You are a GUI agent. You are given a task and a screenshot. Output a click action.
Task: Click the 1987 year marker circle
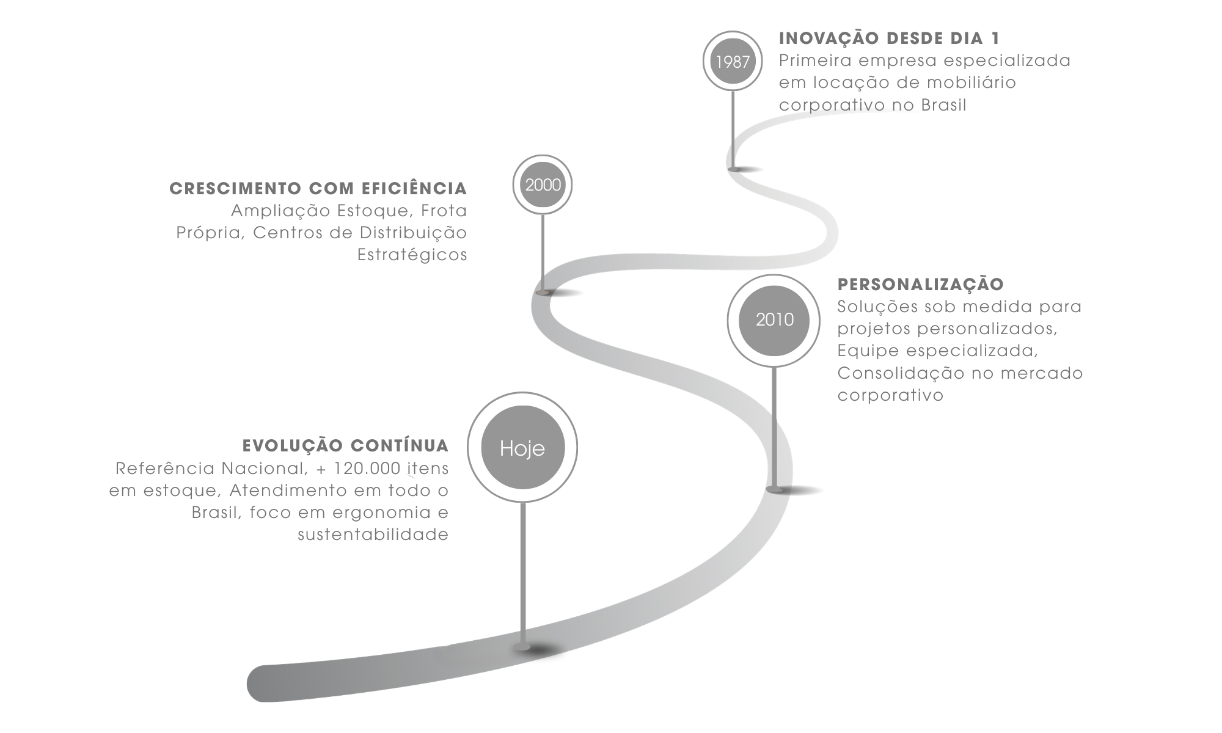pyautogui.click(x=733, y=61)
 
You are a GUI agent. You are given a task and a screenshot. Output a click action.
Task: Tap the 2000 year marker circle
pyautogui.click(x=543, y=185)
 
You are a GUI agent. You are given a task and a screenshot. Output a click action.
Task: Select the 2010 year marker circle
pyautogui.click(x=774, y=320)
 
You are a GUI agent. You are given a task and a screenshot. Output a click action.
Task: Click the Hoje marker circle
pyautogui.click(x=522, y=448)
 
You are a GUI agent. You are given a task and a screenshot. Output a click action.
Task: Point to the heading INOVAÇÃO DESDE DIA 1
pyautogui.click(x=890, y=38)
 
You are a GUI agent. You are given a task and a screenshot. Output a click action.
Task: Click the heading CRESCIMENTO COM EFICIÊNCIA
pyautogui.click(x=318, y=188)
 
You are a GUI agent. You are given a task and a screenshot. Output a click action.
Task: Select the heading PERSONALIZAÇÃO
pyautogui.click(x=921, y=285)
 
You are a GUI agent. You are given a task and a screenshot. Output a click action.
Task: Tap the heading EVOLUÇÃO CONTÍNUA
pyautogui.click(x=346, y=446)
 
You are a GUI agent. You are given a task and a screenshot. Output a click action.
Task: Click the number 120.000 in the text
pyautogui.click(x=368, y=469)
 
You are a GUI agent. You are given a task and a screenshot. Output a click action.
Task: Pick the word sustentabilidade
pyautogui.click(x=373, y=535)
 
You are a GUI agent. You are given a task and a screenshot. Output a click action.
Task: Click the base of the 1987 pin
pyautogui.click(x=734, y=169)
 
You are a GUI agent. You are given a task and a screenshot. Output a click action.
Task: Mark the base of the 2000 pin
pyautogui.click(x=543, y=293)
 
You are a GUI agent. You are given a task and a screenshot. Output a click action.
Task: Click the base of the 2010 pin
pyautogui.click(x=775, y=489)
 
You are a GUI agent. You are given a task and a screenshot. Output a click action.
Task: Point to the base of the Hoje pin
pyautogui.click(x=522, y=647)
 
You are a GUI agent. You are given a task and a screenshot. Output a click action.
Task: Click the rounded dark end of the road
pyautogui.click(x=263, y=684)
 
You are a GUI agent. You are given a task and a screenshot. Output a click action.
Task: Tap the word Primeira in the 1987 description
pyautogui.click(x=816, y=61)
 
